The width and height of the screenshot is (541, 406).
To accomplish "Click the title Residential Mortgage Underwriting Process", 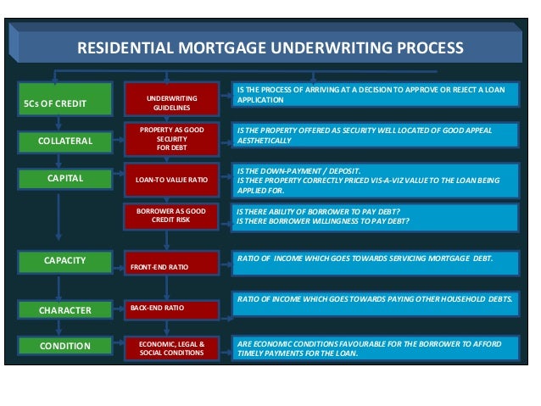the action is (270, 48).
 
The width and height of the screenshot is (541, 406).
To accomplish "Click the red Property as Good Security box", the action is (172, 137).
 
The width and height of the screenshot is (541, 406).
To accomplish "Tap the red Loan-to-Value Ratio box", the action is (172, 180).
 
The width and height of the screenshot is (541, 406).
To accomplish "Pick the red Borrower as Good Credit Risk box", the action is (172, 214).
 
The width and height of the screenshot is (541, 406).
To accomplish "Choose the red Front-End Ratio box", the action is (172, 265).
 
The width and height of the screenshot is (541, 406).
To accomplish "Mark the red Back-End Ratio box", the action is (172, 309).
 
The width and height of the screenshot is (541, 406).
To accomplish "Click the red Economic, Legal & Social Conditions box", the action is (172, 348).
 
